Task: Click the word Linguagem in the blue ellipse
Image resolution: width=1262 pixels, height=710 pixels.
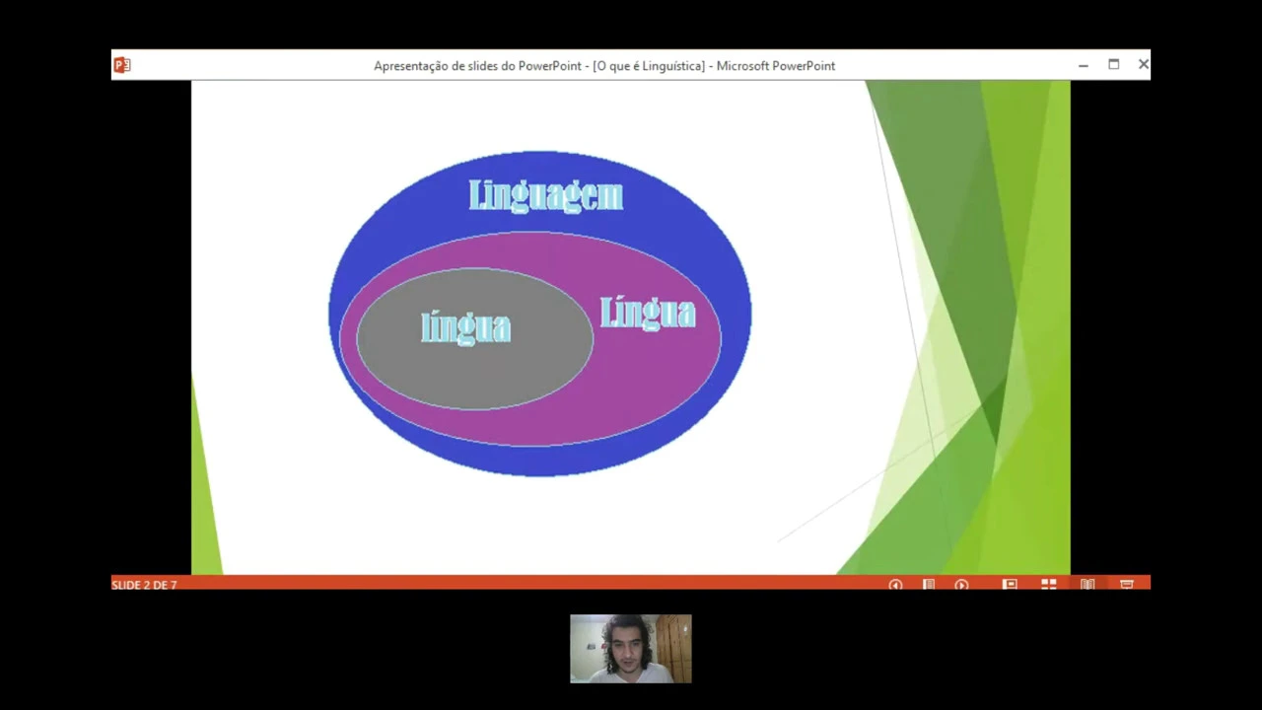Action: [x=545, y=195]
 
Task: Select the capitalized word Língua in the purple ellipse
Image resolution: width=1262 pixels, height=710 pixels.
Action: [x=648, y=313]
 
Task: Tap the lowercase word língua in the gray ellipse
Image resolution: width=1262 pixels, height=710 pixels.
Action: [x=465, y=326]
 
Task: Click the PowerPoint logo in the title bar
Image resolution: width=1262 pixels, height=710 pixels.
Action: [x=122, y=65]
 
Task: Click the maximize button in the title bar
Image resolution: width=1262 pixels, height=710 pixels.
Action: [x=1113, y=64]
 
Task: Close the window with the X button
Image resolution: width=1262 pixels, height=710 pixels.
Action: [x=1144, y=64]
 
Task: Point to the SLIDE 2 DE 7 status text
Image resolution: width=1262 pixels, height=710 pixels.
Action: [x=144, y=585]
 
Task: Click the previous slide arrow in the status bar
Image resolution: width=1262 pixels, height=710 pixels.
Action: [x=895, y=585]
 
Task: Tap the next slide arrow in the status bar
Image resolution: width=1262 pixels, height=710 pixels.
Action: [x=961, y=585]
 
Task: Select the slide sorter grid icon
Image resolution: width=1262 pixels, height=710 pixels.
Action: [x=1049, y=585]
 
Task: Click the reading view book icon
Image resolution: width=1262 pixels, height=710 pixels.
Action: [x=1087, y=585]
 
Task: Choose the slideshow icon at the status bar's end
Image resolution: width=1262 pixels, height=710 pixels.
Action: [x=1127, y=585]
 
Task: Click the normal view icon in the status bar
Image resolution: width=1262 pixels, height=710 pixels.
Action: [x=1010, y=585]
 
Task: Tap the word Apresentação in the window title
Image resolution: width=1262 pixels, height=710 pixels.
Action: [x=411, y=66]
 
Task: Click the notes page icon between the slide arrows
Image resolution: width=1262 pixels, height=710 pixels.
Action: [x=928, y=585]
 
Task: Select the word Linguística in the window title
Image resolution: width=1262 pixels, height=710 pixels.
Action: [x=670, y=66]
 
